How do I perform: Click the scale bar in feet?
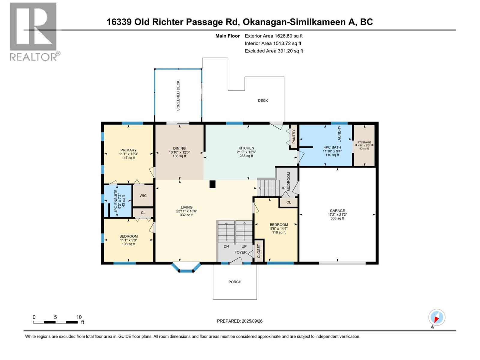(x=55, y=322)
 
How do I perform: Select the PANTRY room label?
(x=294, y=136)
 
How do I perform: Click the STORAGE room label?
(x=364, y=142)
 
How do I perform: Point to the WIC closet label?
(x=143, y=196)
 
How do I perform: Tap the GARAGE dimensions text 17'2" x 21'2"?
(x=337, y=214)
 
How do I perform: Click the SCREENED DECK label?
(x=178, y=95)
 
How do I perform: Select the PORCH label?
(x=235, y=282)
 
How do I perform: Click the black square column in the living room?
(x=212, y=184)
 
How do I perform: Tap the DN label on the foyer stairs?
(x=226, y=246)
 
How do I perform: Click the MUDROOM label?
(x=289, y=181)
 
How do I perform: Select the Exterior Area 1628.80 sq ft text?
(x=274, y=36)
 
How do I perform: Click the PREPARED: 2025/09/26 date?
(x=240, y=321)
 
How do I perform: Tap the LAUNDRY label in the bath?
(x=339, y=134)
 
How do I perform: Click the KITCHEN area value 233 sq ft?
(x=246, y=156)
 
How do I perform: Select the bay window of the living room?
(x=186, y=268)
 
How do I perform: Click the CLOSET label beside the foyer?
(x=259, y=251)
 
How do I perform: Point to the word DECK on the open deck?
(x=263, y=100)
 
